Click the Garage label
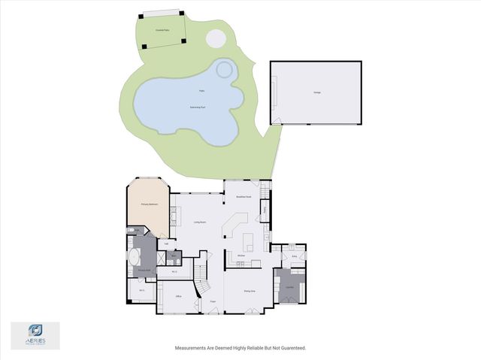coord(317,92)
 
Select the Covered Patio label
coord(161,29)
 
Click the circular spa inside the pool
coord(225,70)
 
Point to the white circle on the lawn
coord(215,37)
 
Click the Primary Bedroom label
coord(149,204)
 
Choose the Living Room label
coord(200,222)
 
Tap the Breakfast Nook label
coord(243,197)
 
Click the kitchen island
coord(249,241)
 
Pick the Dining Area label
coord(249,290)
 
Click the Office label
coord(179,297)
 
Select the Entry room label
coord(295,256)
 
